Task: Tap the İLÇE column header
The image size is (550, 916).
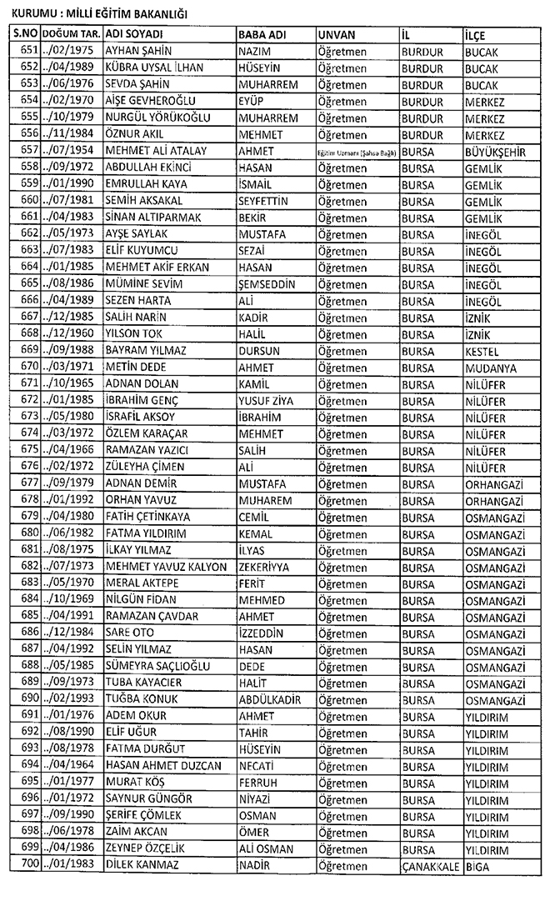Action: [x=477, y=33]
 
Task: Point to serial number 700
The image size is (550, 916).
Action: [x=29, y=865]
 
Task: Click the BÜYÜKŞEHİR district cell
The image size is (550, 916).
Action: [x=496, y=151]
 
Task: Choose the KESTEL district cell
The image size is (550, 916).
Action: [x=482, y=351]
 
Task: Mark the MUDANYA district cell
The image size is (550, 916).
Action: [x=490, y=368]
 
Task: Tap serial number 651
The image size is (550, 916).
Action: [x=29, y=51]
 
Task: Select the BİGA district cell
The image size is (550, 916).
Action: [x=477, y=865]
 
